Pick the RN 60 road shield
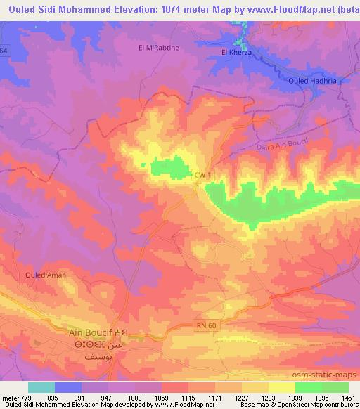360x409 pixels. (x=205, y=324)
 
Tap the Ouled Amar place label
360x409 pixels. (x=44, y=275)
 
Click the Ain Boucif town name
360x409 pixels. (x=92, y=332)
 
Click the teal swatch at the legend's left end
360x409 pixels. (x=41, y=387)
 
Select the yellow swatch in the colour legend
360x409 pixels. (x=282, y=387)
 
